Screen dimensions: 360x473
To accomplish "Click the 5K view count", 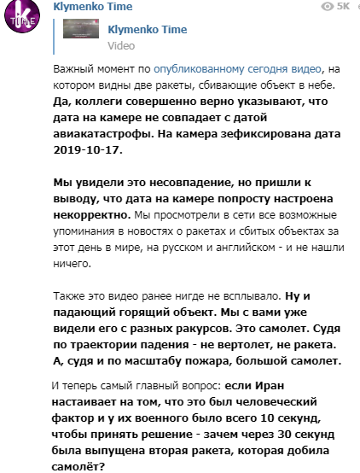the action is (343, 6).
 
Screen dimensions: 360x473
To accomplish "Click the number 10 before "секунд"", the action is (265, 417).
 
